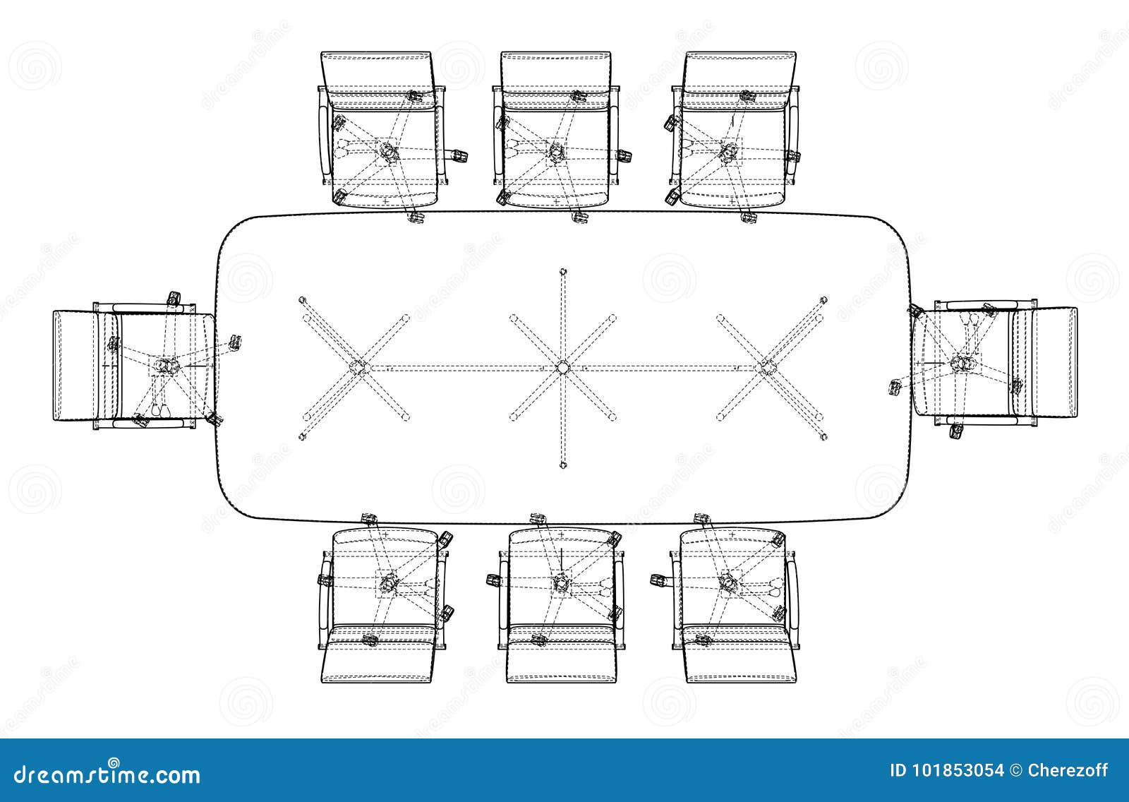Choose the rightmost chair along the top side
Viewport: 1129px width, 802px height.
click(734, 134)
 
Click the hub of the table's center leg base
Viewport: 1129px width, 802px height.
click(562, 367)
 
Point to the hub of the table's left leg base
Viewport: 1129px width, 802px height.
click(358, 367)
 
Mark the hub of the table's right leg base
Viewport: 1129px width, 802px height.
click(766, 367)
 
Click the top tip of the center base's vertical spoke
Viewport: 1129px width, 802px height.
click(562, 271)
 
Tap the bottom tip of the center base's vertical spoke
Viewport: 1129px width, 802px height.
click(562, 465)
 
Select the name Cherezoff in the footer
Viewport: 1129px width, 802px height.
click(1073, 770)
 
